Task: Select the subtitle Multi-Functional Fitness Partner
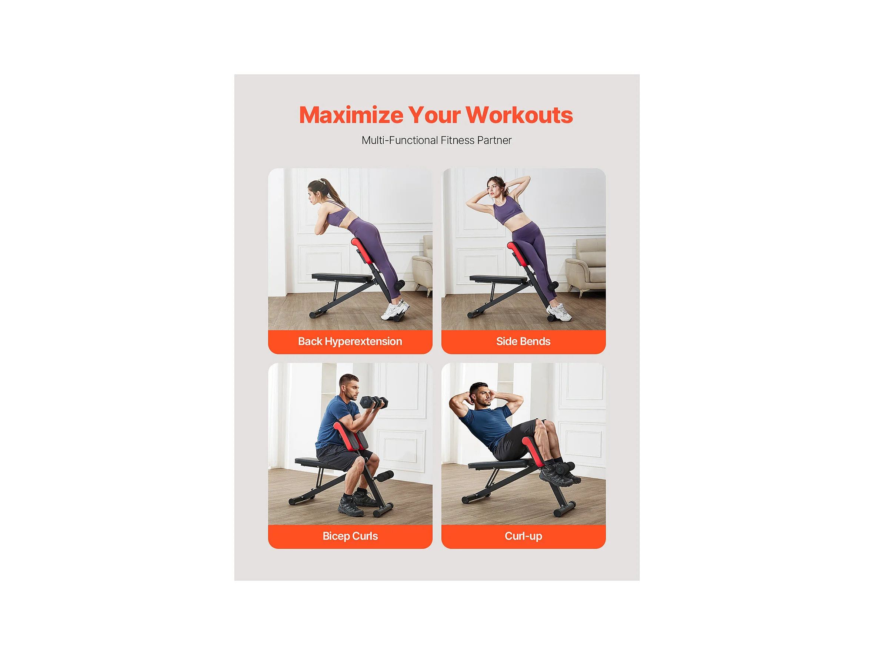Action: point(437,140)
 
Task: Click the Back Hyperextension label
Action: point(350,342)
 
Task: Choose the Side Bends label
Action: point(523,342)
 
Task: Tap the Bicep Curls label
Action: point(350,536)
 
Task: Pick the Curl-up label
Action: point(523,536)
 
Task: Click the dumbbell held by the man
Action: point(374,402)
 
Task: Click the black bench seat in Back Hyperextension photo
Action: point(342,276)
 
